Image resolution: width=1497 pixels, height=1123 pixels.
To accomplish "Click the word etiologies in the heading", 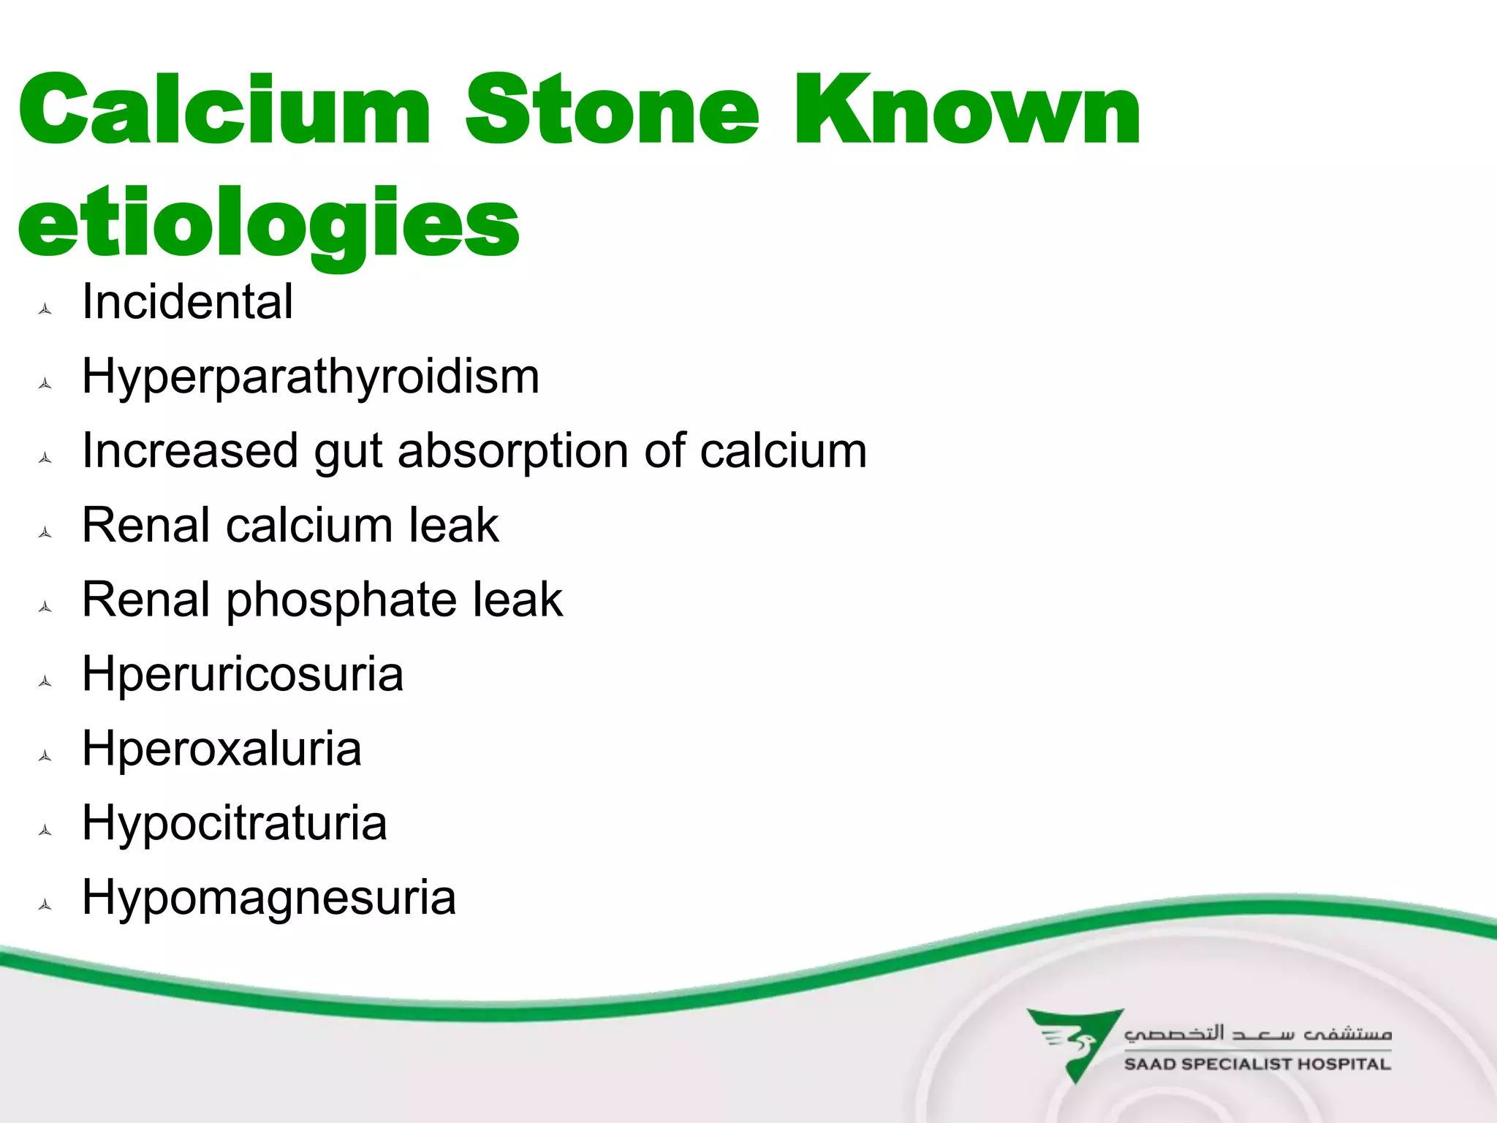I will pyautogui.click(x=268, y=223).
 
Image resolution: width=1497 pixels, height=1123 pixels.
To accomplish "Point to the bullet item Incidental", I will pyautogui.click(x=187, y=302).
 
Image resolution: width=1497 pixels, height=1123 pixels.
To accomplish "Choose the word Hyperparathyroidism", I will pyautogui.click(x=311, y=377).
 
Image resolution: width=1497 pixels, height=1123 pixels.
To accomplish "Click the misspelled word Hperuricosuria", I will pyautogui.click(x=243, y=674).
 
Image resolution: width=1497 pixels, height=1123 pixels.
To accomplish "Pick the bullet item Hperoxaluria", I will pyautogui.click(x=221, y=749).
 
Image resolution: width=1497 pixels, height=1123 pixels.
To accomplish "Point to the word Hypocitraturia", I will pyautogui.click(x=234, y=824).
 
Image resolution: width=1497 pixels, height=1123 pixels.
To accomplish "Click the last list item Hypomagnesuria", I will pyautogui.click(x=269, y=899).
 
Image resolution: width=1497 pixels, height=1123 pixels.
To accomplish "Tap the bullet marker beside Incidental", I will pyautogui.click(x=45, y=309).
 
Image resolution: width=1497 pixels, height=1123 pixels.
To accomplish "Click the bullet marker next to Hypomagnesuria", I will pyautogui.click(x=45, y=905).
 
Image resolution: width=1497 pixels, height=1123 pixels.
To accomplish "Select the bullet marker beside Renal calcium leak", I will pyautogui.click(x=45, y=532).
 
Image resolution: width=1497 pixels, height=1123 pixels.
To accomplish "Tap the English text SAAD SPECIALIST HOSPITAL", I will pyautogui.click(x=1257, y=1065).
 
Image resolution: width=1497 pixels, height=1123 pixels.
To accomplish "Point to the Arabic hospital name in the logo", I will pyautogui.click(x=1257, y=1033).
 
